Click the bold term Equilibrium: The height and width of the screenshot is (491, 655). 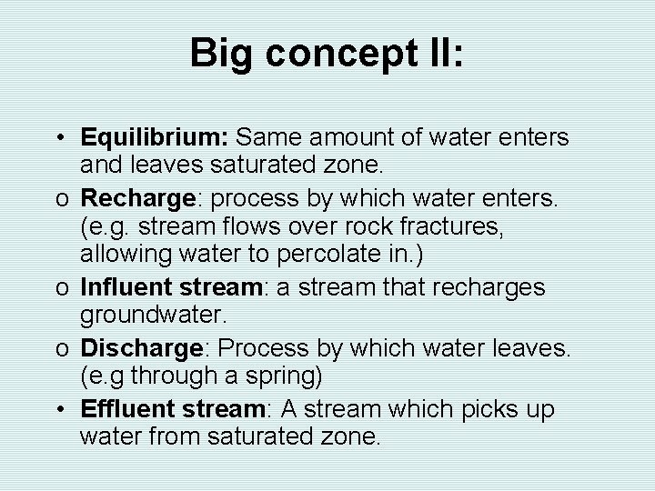pyautogui.click(x=156, y=139)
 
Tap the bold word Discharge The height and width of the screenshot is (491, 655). pyautogui.click(x=138, y=347)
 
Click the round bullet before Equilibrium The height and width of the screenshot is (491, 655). pyautogui.click(x=57, y=139)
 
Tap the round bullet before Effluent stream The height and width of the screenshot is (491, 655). pyautogui.click(x=57, y=407)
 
